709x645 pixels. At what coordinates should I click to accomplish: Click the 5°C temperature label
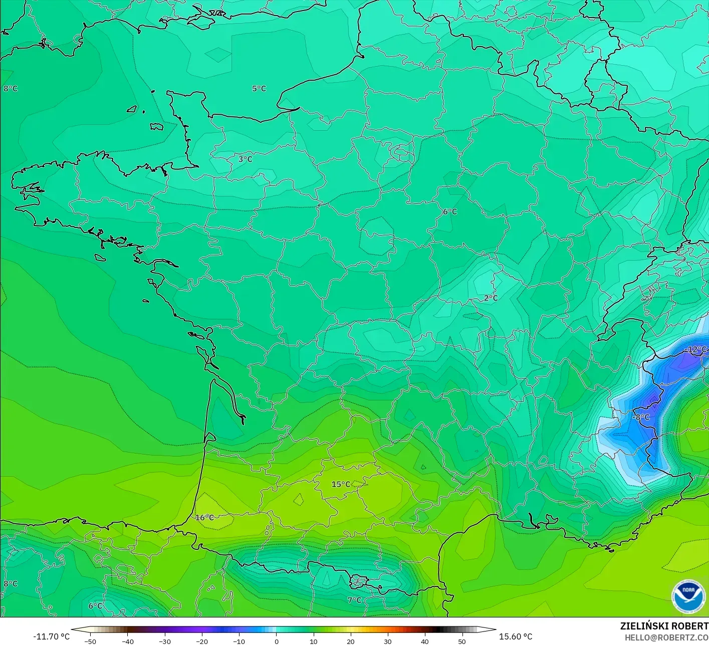tap(259, 89)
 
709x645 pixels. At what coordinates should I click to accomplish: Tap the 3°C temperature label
tap(245, 159)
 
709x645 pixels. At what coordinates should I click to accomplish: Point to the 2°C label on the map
tap(491, 298)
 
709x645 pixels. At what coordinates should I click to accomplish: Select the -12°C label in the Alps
tap(696, 349)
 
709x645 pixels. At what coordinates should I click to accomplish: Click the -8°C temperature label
tap(640, 417)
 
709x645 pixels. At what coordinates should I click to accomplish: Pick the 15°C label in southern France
tap(341, 484)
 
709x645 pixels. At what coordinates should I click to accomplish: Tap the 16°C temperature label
tap(204, 518)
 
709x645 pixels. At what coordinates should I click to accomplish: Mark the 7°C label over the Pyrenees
tap(354, 600)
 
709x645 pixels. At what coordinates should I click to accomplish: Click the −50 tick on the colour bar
tap(90, 641)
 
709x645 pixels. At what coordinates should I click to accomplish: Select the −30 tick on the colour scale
tap(165, 641)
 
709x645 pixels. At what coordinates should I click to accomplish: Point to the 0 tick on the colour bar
tap(276, 641)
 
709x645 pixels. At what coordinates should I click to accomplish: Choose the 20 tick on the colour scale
tap(350, 641)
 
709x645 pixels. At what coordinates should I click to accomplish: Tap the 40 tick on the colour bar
tap(425, 641)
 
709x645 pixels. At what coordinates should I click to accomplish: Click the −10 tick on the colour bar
tap(239, 641)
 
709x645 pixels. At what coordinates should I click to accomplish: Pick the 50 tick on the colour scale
tap(462, 641)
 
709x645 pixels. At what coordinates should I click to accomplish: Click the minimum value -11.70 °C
tap(52, 636)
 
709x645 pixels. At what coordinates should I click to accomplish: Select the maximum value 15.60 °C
tap(516, 636)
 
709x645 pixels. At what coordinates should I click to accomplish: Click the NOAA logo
tap(687, 596)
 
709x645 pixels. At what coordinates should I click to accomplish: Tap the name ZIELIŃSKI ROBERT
tap(664, 626)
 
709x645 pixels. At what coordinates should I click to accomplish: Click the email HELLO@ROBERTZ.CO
tap(666, 637)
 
